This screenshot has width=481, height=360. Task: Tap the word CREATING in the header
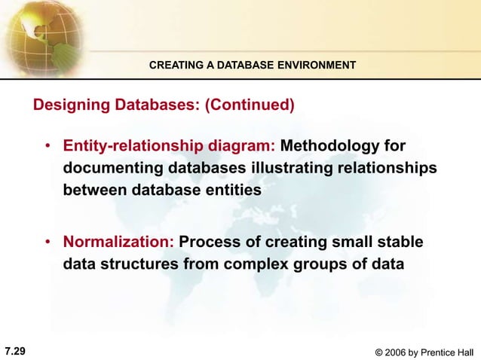pyautogui.click(x=172, y=66)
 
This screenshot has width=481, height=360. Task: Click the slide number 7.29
pyautogui.click(x=15, y=350)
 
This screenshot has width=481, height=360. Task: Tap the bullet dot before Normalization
pyautogui.click(x=47, y=243)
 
